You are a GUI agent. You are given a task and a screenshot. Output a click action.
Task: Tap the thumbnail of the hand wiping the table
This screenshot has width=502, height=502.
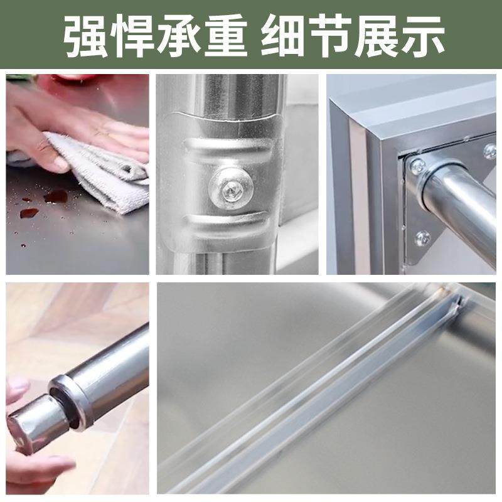78,174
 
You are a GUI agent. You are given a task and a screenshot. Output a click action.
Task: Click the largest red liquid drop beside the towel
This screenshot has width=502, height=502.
55,196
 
